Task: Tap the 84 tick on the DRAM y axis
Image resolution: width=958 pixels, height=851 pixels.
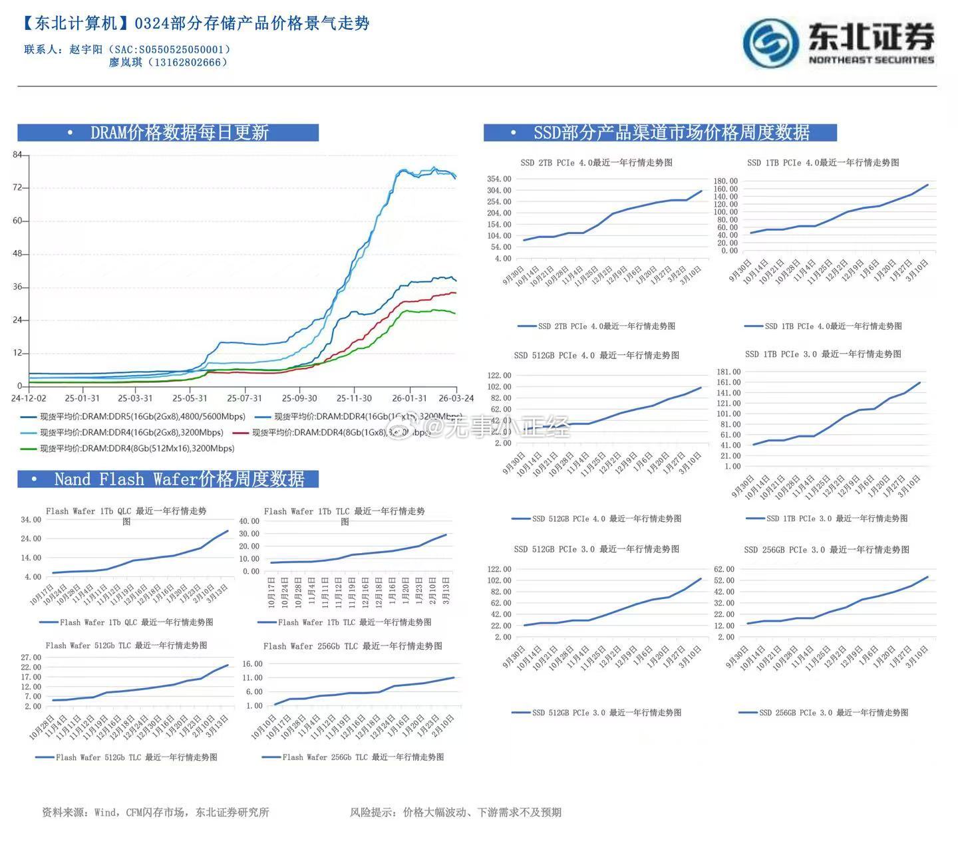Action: tap(17, 155)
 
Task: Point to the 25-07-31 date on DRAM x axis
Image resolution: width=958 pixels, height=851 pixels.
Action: tap(244, 398)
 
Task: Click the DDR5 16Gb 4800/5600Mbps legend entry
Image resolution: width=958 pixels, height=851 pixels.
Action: tap(133, 417)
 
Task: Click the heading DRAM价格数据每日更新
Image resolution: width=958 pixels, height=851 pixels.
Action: tap(179, 132)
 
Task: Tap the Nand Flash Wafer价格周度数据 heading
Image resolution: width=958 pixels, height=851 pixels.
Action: tap(179, 479)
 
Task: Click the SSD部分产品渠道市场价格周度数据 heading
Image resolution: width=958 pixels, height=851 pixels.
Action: tap(671, 132)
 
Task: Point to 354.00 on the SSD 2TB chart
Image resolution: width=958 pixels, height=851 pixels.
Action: tap(499, 179)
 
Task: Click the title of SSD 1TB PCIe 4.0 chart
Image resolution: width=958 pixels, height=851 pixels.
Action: tap(823, 162)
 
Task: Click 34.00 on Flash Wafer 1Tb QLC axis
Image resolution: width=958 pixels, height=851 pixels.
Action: tap(31, 520)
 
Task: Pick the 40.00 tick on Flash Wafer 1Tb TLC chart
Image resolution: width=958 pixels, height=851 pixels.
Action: tap(249, 521)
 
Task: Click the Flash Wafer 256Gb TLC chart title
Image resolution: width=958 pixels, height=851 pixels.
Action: tap(353, 646)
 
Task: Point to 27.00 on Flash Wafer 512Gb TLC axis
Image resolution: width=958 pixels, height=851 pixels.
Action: tap(32, 658)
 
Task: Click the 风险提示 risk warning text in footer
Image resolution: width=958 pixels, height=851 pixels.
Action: tap(456, 812)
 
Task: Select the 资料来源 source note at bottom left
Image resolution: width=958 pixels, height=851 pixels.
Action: tap(156, 812)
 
